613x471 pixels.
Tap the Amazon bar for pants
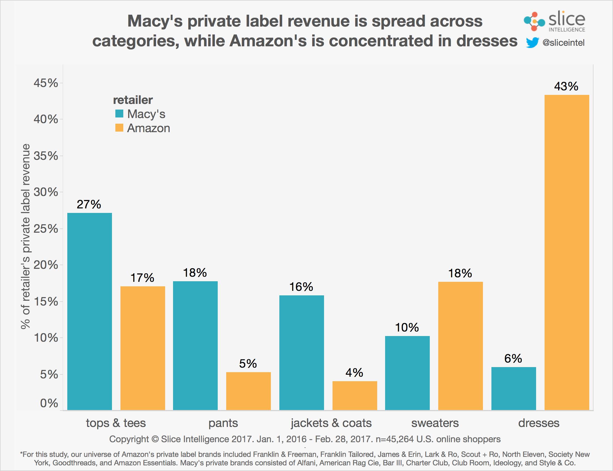click(248, 391)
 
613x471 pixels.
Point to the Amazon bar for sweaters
click(460, 346)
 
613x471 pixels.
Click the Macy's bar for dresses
click(513, 388)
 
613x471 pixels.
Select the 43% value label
click(566, 86)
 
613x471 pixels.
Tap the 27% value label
click(89, 204)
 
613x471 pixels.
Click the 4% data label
click(354, 373)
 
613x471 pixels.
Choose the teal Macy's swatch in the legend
click(119, 114)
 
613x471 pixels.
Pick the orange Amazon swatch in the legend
click(119, 128)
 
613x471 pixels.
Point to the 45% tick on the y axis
click(46, 83)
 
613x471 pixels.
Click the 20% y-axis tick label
click(46, 265)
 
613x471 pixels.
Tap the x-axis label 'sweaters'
click(435, 423)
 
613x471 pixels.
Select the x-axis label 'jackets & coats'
click(331, 423)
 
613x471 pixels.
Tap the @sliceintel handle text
click(564, 43)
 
